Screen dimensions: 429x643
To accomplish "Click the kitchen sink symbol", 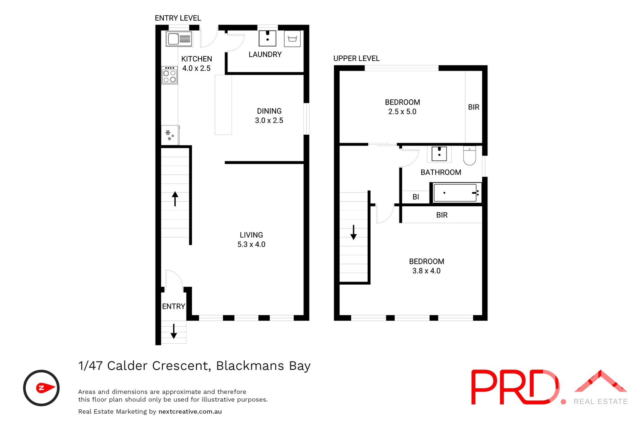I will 179,39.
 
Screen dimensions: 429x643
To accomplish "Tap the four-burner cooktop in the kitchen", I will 170,75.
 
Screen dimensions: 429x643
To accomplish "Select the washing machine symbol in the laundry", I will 292,39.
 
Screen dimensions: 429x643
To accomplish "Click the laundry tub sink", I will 267,38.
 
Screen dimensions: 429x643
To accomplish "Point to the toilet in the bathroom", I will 469,156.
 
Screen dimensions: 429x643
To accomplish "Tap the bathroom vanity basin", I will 439,154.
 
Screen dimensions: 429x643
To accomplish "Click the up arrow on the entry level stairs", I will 175,199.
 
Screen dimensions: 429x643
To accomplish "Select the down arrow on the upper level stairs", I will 353,232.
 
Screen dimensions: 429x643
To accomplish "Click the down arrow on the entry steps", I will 174,331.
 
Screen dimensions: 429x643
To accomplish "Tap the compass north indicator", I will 41,388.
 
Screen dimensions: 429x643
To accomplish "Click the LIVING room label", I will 251,235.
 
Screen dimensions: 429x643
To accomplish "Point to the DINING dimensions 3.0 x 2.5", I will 269,121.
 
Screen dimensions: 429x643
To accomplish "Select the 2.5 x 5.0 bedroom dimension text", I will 402,112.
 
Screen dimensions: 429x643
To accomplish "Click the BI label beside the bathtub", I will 416,197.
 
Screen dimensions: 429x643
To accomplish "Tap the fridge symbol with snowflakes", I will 170,135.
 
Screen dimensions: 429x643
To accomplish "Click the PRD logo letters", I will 514,387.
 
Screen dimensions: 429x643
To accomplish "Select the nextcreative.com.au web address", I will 190,412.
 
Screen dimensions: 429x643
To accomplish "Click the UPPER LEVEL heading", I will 356,58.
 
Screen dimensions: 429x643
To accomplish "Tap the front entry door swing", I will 173,279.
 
